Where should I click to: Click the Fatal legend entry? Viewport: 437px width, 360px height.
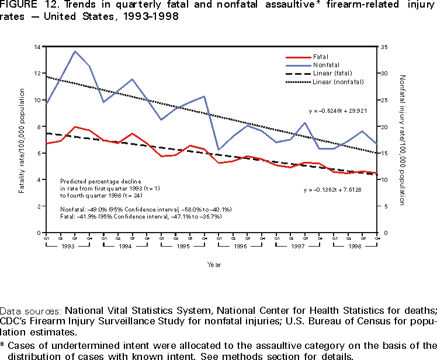click(x=320, y=57)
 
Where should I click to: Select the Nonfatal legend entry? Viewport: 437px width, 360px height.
click(x=325, y=65)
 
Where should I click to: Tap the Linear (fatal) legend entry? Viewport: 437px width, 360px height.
click(x=331, y=73)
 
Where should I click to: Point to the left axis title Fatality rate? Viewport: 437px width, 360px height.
click(x=22, y=140)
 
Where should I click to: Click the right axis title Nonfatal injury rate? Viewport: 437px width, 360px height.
click(x=402, y=140)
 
